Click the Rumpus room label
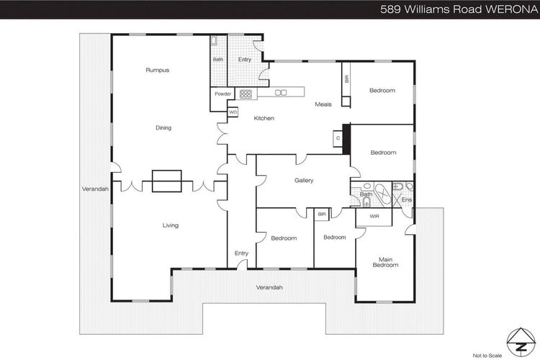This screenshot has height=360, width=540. pyautogui.click(x=158, y=71)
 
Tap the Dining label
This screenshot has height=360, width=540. pyautogui.click(x=163, y=128)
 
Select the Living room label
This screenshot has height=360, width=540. pyautogui.click(x=171, y=225)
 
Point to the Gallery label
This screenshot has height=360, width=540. pyautogui.click(x=304, y=180)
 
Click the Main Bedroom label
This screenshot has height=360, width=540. pyautogui.click(x=385, y=262)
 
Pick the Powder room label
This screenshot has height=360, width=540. pyautogui.click(x=222, y=94)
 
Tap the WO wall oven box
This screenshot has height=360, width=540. pyautogui.click(x=233, y=112)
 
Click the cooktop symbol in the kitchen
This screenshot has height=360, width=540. pyautogui.click(x=246, y=94)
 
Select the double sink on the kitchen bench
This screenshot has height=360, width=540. pyautogui.click(x=281, y=92)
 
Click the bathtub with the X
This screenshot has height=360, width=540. pyautogui.click(x=382, y=194)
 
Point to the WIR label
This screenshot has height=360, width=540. pyautogui.click(x=374, y=216)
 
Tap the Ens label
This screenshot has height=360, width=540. pyautogui.click(x=407, y=200)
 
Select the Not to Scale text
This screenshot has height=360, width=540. pyautogui.click(x=487, y=356)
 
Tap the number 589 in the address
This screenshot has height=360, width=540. pyautogui.click(x=390, y=9)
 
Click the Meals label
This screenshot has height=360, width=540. pyautogui.click(x=323, y=104)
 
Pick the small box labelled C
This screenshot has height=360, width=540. pyautogui.click(x=338, y=138)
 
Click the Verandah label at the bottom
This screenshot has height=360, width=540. pyautogui.click(x=269, y=287)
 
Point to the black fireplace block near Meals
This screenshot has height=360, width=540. pyautogui.click(x=346, y=139)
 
